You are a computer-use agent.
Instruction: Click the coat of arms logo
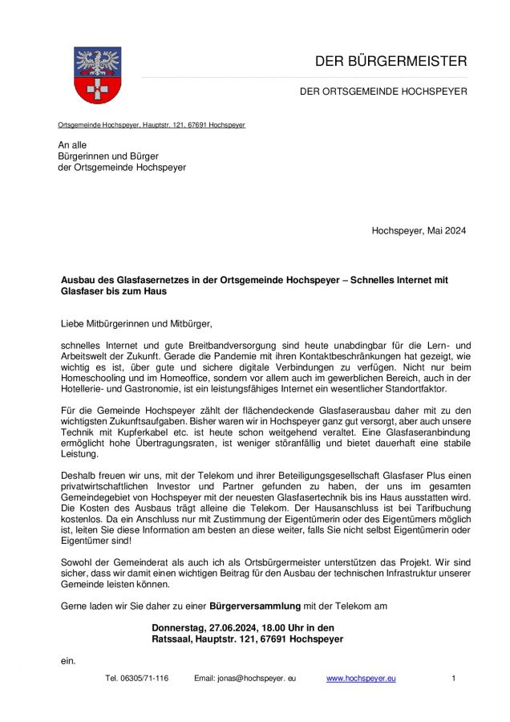pos(97,75)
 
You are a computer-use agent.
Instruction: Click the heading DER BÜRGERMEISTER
pos(390,61)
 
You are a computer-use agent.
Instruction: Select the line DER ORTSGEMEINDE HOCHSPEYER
pos(383,91)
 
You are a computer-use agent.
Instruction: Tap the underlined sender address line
pos(152,125)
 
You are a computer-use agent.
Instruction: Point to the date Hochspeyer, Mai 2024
pos(418,231)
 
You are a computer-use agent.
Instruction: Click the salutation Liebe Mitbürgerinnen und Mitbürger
pos(137,324)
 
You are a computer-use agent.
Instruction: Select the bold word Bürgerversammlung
pos(256,604)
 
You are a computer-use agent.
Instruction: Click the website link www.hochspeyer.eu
pos(361,679)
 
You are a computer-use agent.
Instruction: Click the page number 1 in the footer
pos(453,679)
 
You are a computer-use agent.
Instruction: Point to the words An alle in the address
pos(72,144)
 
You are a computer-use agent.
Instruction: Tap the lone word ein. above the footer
pos(68,660)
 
